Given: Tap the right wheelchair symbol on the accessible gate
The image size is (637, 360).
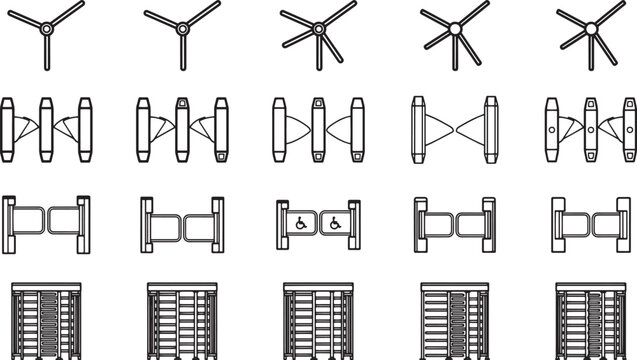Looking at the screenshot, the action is click(335, 223).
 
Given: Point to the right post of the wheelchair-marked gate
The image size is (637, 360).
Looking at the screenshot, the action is click(355, 221).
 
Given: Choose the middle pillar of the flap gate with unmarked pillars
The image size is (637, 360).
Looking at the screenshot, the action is click(46, 130).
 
